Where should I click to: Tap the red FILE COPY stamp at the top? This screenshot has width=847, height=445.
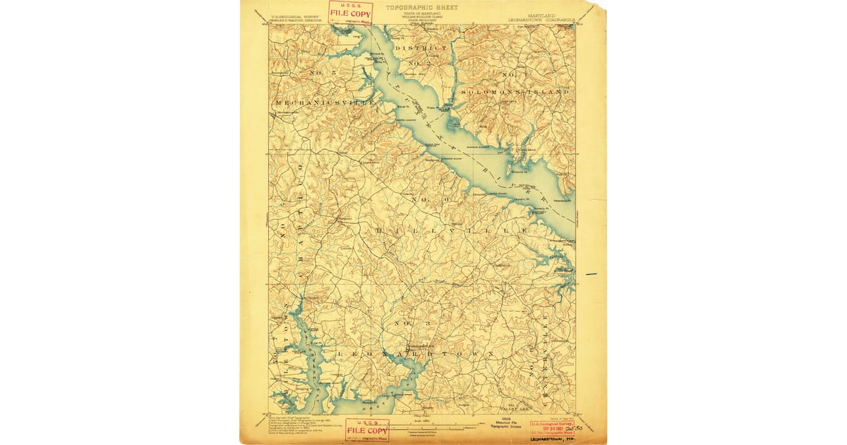(350, 12)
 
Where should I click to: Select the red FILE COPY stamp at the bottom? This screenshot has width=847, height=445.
(366, 430)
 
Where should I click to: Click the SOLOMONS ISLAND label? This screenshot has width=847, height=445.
(515, 93)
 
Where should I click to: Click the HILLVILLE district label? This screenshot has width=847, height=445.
(452, 231)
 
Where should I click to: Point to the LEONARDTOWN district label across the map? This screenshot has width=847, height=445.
(416, 353)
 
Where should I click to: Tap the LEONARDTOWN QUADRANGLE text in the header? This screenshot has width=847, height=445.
(541, 19)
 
